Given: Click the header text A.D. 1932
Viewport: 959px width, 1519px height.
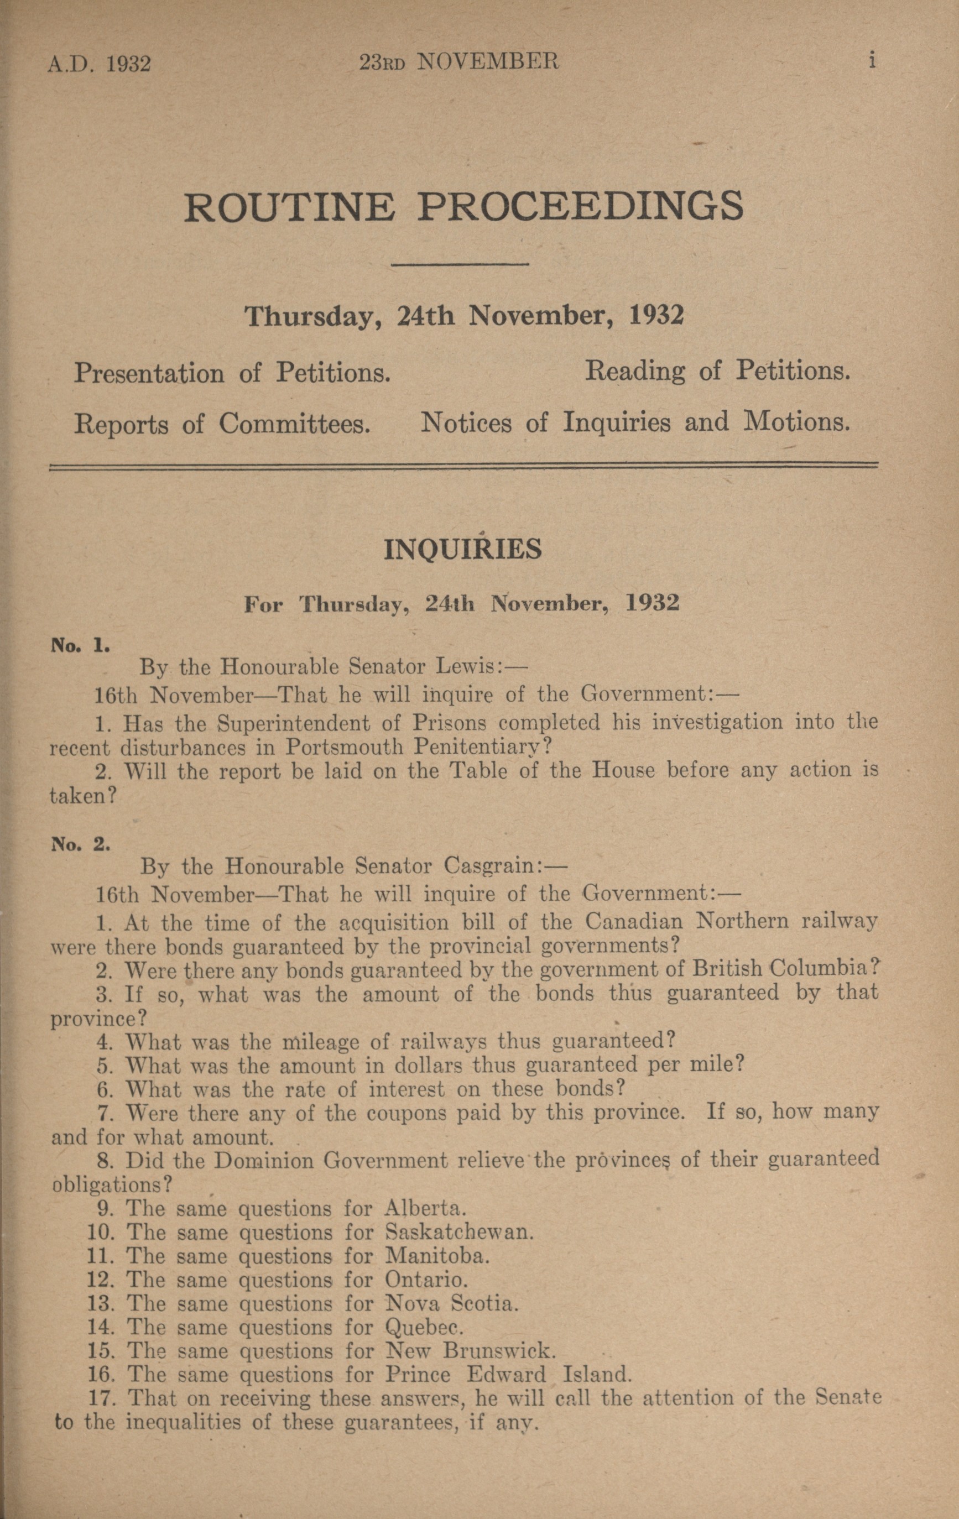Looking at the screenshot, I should coord(99,64).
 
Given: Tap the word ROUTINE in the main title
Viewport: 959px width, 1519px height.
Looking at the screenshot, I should coord(290,206).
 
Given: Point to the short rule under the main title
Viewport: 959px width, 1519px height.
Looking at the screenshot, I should coord(459,264).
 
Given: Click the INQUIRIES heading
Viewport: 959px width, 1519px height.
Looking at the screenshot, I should coord(462,550).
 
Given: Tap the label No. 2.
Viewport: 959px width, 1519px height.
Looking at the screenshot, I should coord(81,844).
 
